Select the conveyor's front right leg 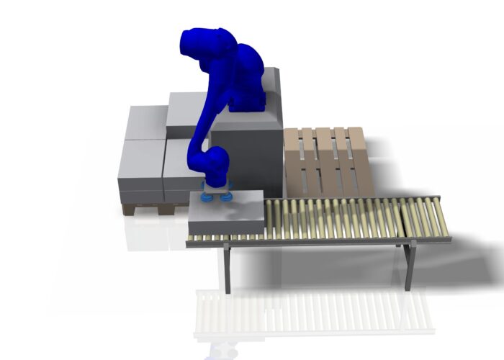pos(408,265)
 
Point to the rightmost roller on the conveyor pos(438,215)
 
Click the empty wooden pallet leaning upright pos(326,162)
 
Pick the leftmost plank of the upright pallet pos(292,162)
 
